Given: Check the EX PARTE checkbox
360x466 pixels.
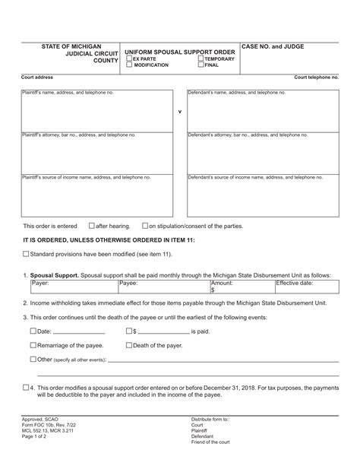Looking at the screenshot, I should (x=128, y=59).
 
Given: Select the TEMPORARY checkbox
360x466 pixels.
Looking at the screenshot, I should (x=200, y=59).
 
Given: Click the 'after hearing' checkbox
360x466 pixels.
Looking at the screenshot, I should (x=92, y=226).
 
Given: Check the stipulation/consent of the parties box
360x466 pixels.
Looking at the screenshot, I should (x=145, y=226).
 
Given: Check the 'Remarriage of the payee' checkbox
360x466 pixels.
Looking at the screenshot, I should (x=33, y=345).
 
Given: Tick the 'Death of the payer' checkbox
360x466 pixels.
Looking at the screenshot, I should (x=128, y=345).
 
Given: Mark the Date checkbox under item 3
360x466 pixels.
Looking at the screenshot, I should (x=33, y=331).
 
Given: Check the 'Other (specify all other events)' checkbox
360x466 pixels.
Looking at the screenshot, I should (x=33, y=359).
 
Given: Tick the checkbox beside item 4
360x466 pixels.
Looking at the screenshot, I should (x=27, y=386).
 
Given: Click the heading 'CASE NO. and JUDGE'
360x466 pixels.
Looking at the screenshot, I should (x=273, y=47).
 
